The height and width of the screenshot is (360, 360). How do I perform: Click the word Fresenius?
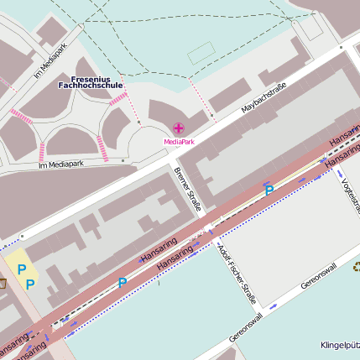(91, 77)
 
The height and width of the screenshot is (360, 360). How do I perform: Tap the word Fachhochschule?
(91, 86)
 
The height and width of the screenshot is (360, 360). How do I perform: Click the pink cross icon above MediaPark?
(178, 128)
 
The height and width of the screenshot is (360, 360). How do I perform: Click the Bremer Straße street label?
(189, 189)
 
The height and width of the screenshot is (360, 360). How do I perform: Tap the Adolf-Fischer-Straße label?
(236, 274)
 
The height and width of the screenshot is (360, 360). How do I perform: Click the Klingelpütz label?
(339, 345)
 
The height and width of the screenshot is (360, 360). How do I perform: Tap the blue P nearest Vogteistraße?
(269, 191)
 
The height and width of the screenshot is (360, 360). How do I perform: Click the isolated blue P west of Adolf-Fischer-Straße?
(123, 283)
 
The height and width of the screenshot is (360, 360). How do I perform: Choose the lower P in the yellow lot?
(30, 284)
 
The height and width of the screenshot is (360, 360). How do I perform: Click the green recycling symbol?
(356, 268)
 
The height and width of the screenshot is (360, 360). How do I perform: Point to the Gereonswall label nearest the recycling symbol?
(319, 275)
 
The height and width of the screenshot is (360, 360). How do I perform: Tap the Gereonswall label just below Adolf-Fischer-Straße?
(245, 327)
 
